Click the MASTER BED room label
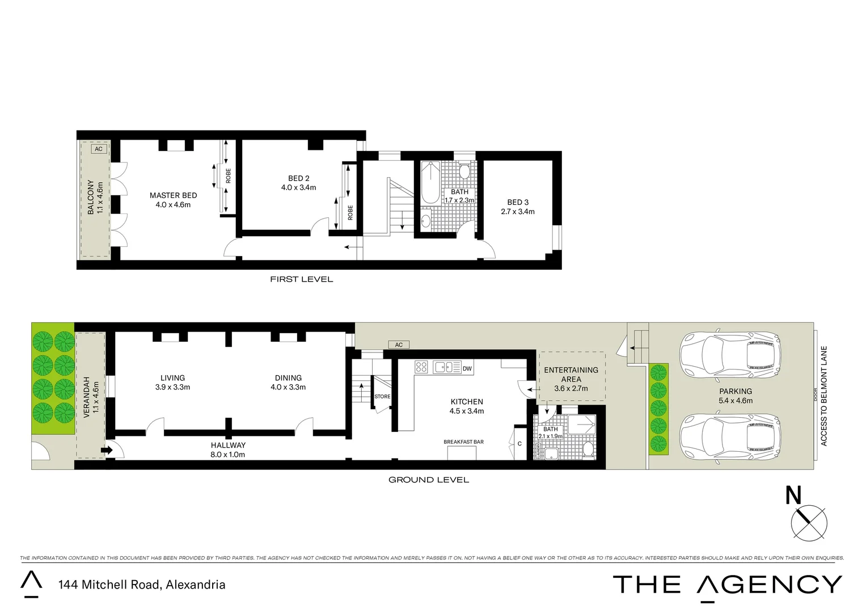173,195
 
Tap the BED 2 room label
298,178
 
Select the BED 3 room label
517,202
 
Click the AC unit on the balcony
99,149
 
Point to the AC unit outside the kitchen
399,345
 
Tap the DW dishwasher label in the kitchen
467,368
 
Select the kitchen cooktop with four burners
421,367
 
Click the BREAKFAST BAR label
463,442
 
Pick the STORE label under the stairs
382,396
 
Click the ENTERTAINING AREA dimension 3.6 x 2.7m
570,389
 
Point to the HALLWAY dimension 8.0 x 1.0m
228,455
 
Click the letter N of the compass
793,496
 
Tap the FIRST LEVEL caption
301,279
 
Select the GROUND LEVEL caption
428,480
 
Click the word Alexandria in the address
195,585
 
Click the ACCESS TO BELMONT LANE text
823,396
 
